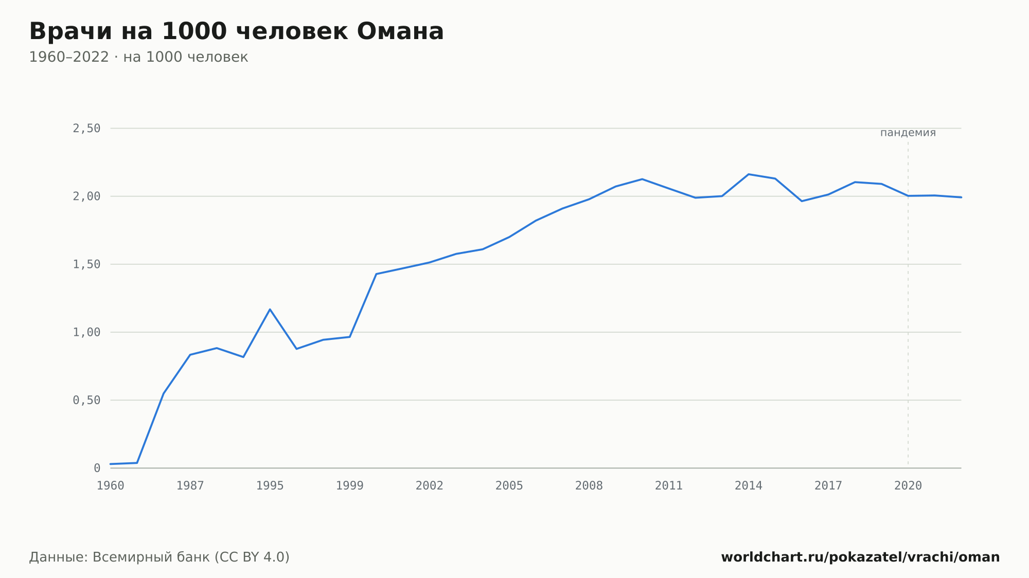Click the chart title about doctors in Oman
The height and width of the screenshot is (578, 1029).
tap(237, 31)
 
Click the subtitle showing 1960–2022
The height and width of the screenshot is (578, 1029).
tap(138, 57)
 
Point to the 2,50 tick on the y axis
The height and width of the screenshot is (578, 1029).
tap(86, 129)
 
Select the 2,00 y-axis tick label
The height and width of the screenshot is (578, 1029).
tap(86, 196)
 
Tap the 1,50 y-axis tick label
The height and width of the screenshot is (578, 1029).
tap(86, 264)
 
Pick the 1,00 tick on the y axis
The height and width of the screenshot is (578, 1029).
tap(86, 332)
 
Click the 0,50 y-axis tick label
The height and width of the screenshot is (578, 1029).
tap(86, 400)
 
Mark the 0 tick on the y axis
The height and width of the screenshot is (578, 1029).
tap(97, 468)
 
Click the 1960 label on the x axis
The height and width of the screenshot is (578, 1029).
tap(111, 486)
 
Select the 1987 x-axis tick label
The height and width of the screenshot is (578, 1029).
tap(190, 486)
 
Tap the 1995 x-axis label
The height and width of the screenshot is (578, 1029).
tap(270, 486)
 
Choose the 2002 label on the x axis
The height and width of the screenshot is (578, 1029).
tap(430, 486)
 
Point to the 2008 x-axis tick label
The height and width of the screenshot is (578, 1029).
tap(589, 486)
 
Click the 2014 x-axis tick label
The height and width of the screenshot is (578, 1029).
tap(749, 486)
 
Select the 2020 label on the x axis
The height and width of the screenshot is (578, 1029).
tap(908, 486)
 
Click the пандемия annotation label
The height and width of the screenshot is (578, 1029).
tap(908, 133)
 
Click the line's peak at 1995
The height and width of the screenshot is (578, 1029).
tap(270, 310)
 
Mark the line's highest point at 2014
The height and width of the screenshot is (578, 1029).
tap(749, 174)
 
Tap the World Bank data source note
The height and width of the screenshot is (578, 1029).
tap(159, 557)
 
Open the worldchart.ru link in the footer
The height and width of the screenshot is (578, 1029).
tap(860, 557)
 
